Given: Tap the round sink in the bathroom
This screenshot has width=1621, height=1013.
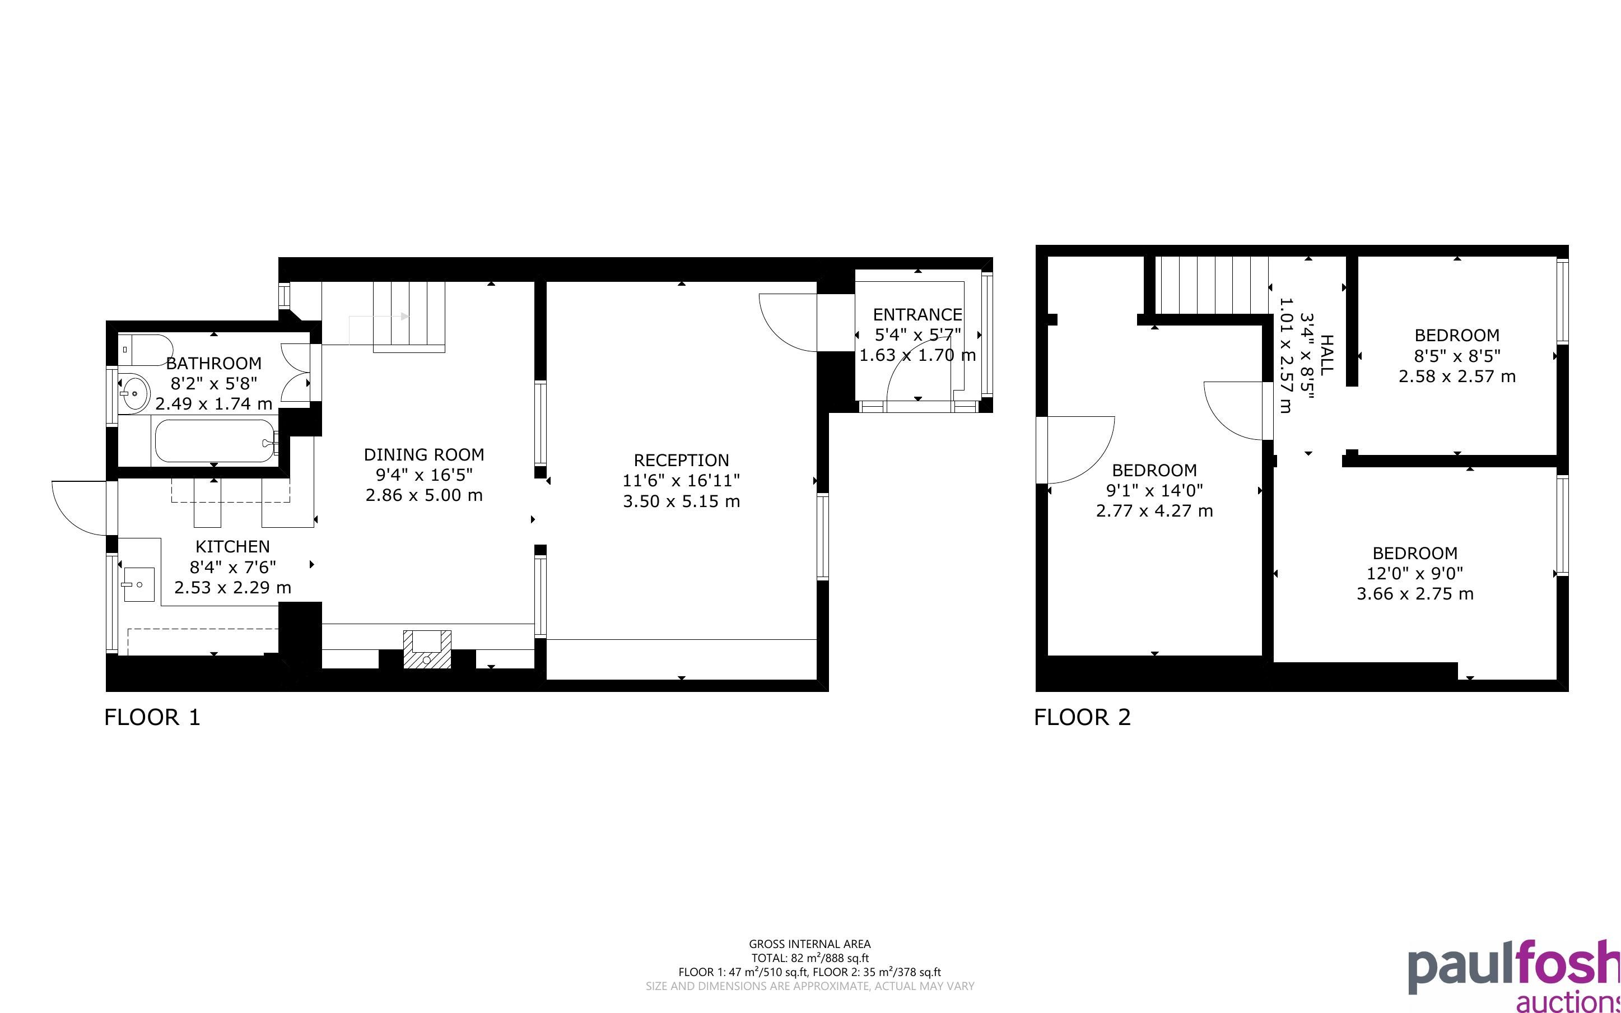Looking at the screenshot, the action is pyautogui.click(x=134, y=393).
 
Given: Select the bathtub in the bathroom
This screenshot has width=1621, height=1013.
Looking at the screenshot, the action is pyautogui.click(x=216, y=441).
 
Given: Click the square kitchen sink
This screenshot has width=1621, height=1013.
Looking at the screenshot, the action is pyautogui.click(x=138, y=584).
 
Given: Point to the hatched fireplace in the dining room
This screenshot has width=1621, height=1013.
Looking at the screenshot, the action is pyautogui.click(x=426, y=649).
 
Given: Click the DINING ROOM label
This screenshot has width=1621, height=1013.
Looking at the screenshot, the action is pyautogui.click(x=424, y=454).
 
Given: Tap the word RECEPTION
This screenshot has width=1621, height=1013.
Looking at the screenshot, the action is pyautogui.click(x=681, y=460).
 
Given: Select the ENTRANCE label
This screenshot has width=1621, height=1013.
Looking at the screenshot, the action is pyautogui.click(x=917, y=314).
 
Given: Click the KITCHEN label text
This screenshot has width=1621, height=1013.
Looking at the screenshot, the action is pyautogui.click(x=232, y=547).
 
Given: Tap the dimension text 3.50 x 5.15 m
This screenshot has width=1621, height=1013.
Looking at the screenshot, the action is pyautogui.click(x=681, y=501).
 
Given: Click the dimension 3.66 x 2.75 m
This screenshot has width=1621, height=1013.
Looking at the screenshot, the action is pyautogui.click(x=1415, y=593).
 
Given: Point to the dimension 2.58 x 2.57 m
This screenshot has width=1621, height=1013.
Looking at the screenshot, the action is pyautogui.click(x=1457, y=377).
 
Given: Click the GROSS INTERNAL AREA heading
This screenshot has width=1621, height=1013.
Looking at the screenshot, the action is pyautogui.click(x=809, y=944).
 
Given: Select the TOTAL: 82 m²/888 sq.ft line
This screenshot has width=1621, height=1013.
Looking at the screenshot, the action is pyautogui.click(x=809, y=958).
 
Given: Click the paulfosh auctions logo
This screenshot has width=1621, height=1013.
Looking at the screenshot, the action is pyautogui.click(x=1514, y=975).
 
